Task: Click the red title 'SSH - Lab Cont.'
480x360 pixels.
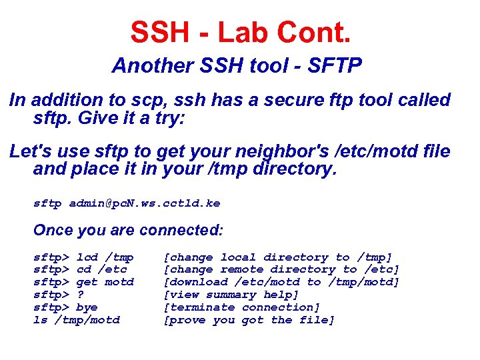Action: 240,31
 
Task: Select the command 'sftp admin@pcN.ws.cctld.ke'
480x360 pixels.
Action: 127,203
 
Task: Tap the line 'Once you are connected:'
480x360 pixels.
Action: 129,230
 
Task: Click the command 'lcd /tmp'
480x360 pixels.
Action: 105,257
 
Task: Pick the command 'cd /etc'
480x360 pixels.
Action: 101,269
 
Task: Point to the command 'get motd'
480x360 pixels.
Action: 105,282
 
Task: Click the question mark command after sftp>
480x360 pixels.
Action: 80,295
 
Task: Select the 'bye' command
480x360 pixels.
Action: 87,307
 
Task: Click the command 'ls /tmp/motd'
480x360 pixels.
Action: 77,320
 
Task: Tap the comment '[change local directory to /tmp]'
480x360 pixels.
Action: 278,257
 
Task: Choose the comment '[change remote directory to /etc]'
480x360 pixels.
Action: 281,269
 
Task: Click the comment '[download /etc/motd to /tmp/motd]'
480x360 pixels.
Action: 281,282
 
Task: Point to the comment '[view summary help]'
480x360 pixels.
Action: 231,295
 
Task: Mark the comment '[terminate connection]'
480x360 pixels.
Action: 242,307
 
